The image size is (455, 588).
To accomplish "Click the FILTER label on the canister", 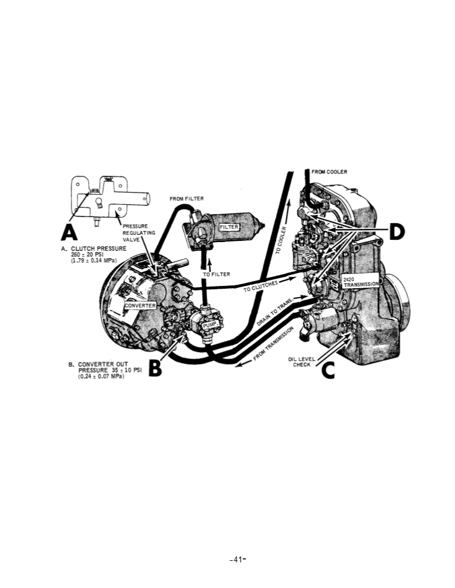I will [229, 227].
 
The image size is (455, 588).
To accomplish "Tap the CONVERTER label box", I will [141, 306].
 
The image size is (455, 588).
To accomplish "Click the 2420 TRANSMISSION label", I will [361, 282].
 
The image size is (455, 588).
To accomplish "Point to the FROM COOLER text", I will [329, 172].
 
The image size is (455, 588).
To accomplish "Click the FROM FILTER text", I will [186, 199].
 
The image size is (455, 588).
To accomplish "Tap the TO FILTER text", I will [216, 274].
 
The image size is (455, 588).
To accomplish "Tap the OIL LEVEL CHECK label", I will [301, 361].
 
